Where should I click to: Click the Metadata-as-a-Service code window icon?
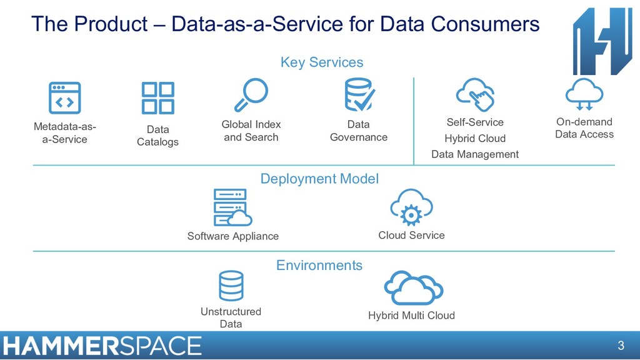(x=65, y=97)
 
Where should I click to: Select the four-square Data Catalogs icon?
(x=157, y=98)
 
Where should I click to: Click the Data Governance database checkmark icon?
(x=359, y=95)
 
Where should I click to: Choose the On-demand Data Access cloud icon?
(x=584, y=94)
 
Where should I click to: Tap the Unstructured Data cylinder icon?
(x=231, y=286)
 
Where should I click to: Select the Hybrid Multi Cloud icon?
(x=412, y=288)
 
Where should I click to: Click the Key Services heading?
(x=321, y=62)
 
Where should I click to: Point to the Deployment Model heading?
(x=319, y=179)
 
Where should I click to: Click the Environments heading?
(x=319, y=265)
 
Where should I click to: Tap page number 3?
(x=621, y=346)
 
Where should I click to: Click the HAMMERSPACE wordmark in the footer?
(x=102, y=346)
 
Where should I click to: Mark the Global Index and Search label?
(x=251, y=131)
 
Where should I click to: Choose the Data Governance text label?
(x=359, y=131)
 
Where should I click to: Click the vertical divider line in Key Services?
(x=414, y=121)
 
